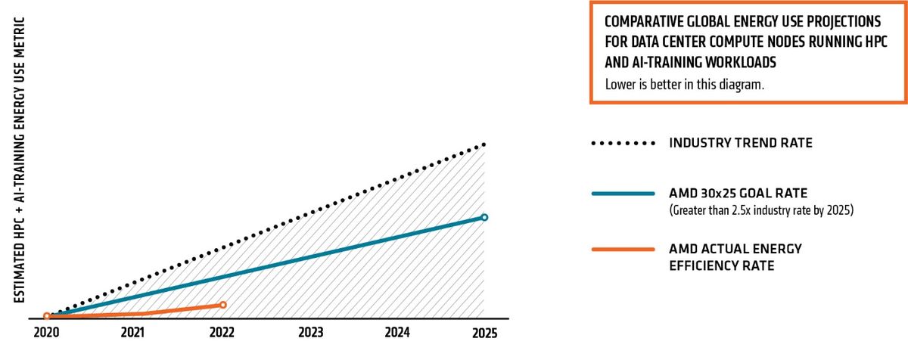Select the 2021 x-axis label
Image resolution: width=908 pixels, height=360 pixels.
pos(132,332)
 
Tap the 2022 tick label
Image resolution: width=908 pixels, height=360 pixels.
pos(222,332)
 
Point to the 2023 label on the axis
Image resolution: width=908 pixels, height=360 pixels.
pos(310,332)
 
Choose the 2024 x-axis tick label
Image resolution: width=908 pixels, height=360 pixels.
pos(397,332)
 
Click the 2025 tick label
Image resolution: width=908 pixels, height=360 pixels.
pos(484,332)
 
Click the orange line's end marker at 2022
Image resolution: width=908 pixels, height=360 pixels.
pos(222,305)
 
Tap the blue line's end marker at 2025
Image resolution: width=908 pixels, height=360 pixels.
pos(484,217)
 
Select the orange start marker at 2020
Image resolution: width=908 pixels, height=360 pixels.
pos(47,316)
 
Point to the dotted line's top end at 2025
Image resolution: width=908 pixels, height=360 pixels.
pos(484,144)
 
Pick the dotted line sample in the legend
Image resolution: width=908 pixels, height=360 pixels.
pos(623,143)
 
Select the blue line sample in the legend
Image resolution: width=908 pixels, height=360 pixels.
pos(623,194)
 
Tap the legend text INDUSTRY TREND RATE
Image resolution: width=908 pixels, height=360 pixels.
pos(741,143)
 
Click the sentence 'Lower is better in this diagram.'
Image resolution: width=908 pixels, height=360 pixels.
pos(685,84)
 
